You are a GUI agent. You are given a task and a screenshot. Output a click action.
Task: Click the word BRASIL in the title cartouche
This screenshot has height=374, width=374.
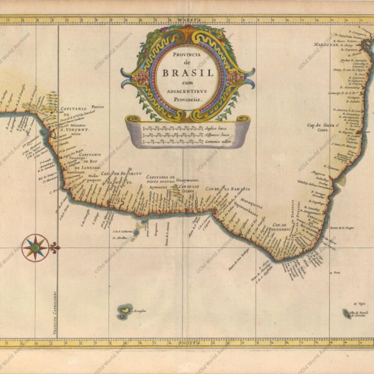pyautogui.click(x=188, y=74)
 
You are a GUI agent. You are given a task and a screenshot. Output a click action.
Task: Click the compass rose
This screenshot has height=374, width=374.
pyautogui.click(x=35, y=247)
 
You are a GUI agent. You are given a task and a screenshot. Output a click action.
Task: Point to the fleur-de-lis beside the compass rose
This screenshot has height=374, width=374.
pyautogui.click(x=54, y=247)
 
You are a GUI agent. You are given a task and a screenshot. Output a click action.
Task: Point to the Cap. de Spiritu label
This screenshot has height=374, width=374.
pyautogui.click(x=122, y=175)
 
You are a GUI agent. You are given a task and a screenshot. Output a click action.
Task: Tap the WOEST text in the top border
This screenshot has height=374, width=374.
pyautogui.click(x=185, y=20)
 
